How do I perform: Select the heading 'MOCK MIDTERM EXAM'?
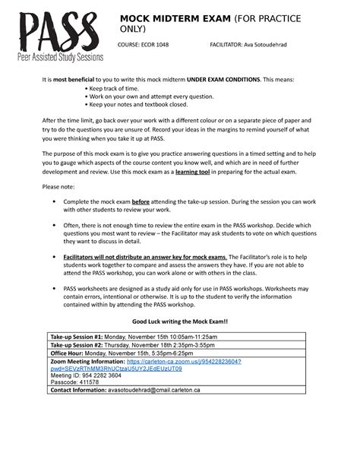pyautogui.click(x=175, y=17)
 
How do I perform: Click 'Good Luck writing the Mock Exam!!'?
pyautogui.click(x=179, y=322)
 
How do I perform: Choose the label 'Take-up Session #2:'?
pyautogui.click(x=77, y=345)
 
